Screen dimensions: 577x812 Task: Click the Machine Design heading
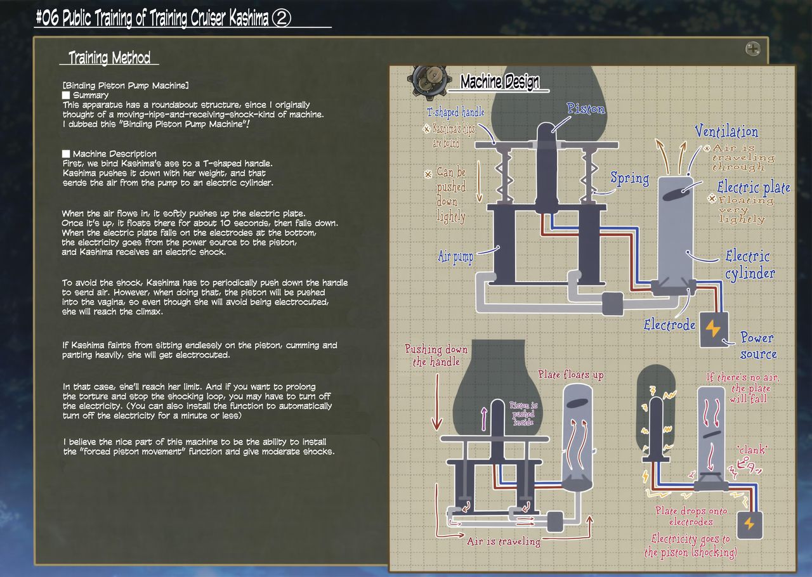tap(500, 82)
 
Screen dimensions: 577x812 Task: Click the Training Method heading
tap(110, 58)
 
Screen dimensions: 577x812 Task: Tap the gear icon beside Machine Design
tap(425, 79)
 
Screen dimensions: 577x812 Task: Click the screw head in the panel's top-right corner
tap(753, 48)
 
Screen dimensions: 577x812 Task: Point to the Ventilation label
tap(726, 132)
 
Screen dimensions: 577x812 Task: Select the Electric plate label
tap(754, 188)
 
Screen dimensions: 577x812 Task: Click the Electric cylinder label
tap(749, 264)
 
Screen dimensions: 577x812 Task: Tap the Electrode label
tap(669, 325)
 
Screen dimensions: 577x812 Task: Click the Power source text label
tap(757, 346)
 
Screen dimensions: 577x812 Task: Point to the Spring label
tap(629, 178)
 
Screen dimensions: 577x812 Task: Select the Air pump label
tap(455, 257)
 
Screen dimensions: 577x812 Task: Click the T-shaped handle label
tap(455, 112)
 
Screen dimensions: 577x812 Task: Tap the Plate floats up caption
tap(571, 375)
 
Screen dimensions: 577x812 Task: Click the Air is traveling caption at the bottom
tap(504, 541)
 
